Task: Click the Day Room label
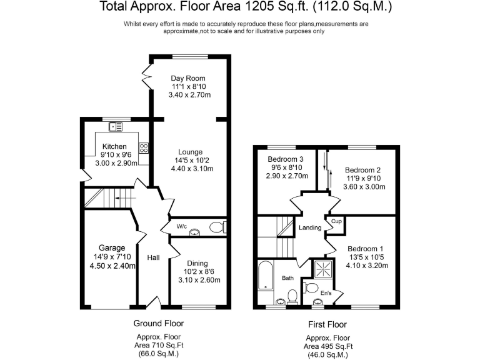(x=188, y=78)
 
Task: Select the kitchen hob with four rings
(x=144, y=148)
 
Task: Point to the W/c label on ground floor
(x=182, y=226)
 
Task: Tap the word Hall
(x=153, y=257)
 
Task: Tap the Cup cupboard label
(x=336, y=221)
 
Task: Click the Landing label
(x=310, y=228)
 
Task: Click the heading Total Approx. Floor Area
(x=239, y=7)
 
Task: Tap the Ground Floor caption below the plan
(x=158, y=323)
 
